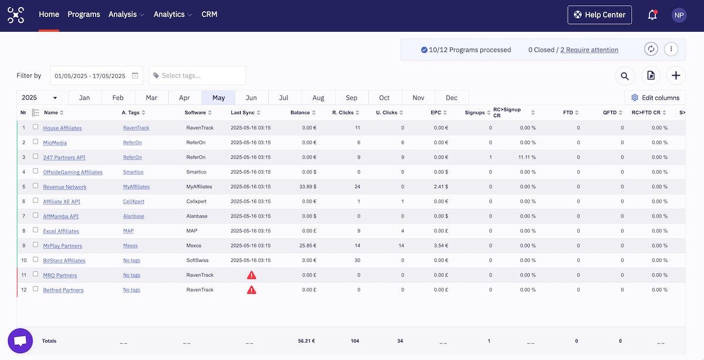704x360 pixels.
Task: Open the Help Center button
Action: pos(600,15)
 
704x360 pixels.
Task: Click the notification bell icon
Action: pos(652,15)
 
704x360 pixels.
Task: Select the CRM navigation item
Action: pos(209,15)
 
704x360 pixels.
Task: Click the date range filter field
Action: pos(96,76)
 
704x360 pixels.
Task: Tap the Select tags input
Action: pos(197,76)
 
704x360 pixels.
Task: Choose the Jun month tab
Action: pos(251,98)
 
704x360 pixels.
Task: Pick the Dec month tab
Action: pos(451,98)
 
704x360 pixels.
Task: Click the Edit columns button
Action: pos(655,98)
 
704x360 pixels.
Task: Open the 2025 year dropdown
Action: pos(39,98)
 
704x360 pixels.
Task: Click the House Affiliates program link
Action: pos(62,128)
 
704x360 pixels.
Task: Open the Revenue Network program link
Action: pos(65,187)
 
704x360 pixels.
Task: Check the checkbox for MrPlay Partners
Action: pos(35,245)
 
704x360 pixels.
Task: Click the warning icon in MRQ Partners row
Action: pos(251,275)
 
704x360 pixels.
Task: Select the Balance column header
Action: pos(300,113)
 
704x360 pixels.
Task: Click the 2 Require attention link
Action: pos(589,50)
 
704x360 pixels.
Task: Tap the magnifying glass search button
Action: pos(625,76)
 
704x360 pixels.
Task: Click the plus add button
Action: pos(676,76)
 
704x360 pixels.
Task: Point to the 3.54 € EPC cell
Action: pos(439,246)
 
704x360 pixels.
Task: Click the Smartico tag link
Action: pos(133,172)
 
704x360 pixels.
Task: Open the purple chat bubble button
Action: pos(20,341)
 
